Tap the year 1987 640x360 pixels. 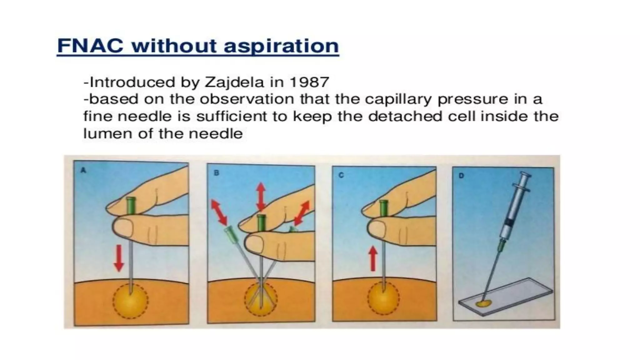tap(309, 82)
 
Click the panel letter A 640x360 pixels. tap(83, 170)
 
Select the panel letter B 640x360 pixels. tap(216, 172)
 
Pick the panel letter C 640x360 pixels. tap(341, 175)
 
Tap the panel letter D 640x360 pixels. tap(461, 176)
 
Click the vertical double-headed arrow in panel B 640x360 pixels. tap(261, 197)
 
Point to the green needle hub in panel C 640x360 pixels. tap(383, 208)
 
